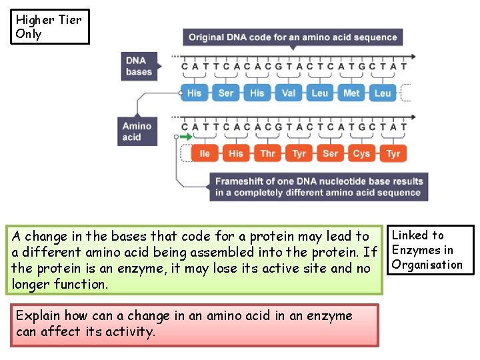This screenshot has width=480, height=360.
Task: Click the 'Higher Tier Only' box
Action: pyautogui.click(x=49, y=27)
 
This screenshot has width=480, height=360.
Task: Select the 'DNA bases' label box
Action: pyautogui.click(x=139, y=66)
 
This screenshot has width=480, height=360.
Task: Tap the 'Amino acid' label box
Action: pyautogui.click(x=137, y=131)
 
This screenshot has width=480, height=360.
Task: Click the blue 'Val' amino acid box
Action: pyautogui.click(x=289, y=93)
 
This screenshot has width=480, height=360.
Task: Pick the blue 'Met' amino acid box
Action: pyautogui.click(x=351, y=93)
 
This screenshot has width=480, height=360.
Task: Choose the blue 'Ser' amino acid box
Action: pyautogui.click(x=226, y=93)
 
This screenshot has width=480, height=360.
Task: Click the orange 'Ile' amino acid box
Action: pyautogui.click(x=205, y=153)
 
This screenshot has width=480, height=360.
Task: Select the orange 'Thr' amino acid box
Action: pyautogui.click(x=267, y=153)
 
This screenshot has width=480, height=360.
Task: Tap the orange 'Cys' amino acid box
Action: pyautogui.click(x=361, y=153)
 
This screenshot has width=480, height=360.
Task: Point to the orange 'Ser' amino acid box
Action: pyautogui.click(x=330, y=153)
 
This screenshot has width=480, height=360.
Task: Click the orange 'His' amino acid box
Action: pyautogui.click(x=236, y=153)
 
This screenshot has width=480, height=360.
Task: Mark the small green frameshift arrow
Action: pyautogui.click(x=186, y=137)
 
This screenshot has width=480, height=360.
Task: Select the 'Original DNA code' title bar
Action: pyautogui.click(x=293, y=37)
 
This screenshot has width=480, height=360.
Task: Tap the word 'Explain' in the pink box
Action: pyautogui.click(x=38, y=316)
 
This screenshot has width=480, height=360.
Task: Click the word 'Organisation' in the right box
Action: pyautogui.click(x=427, y=265)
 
